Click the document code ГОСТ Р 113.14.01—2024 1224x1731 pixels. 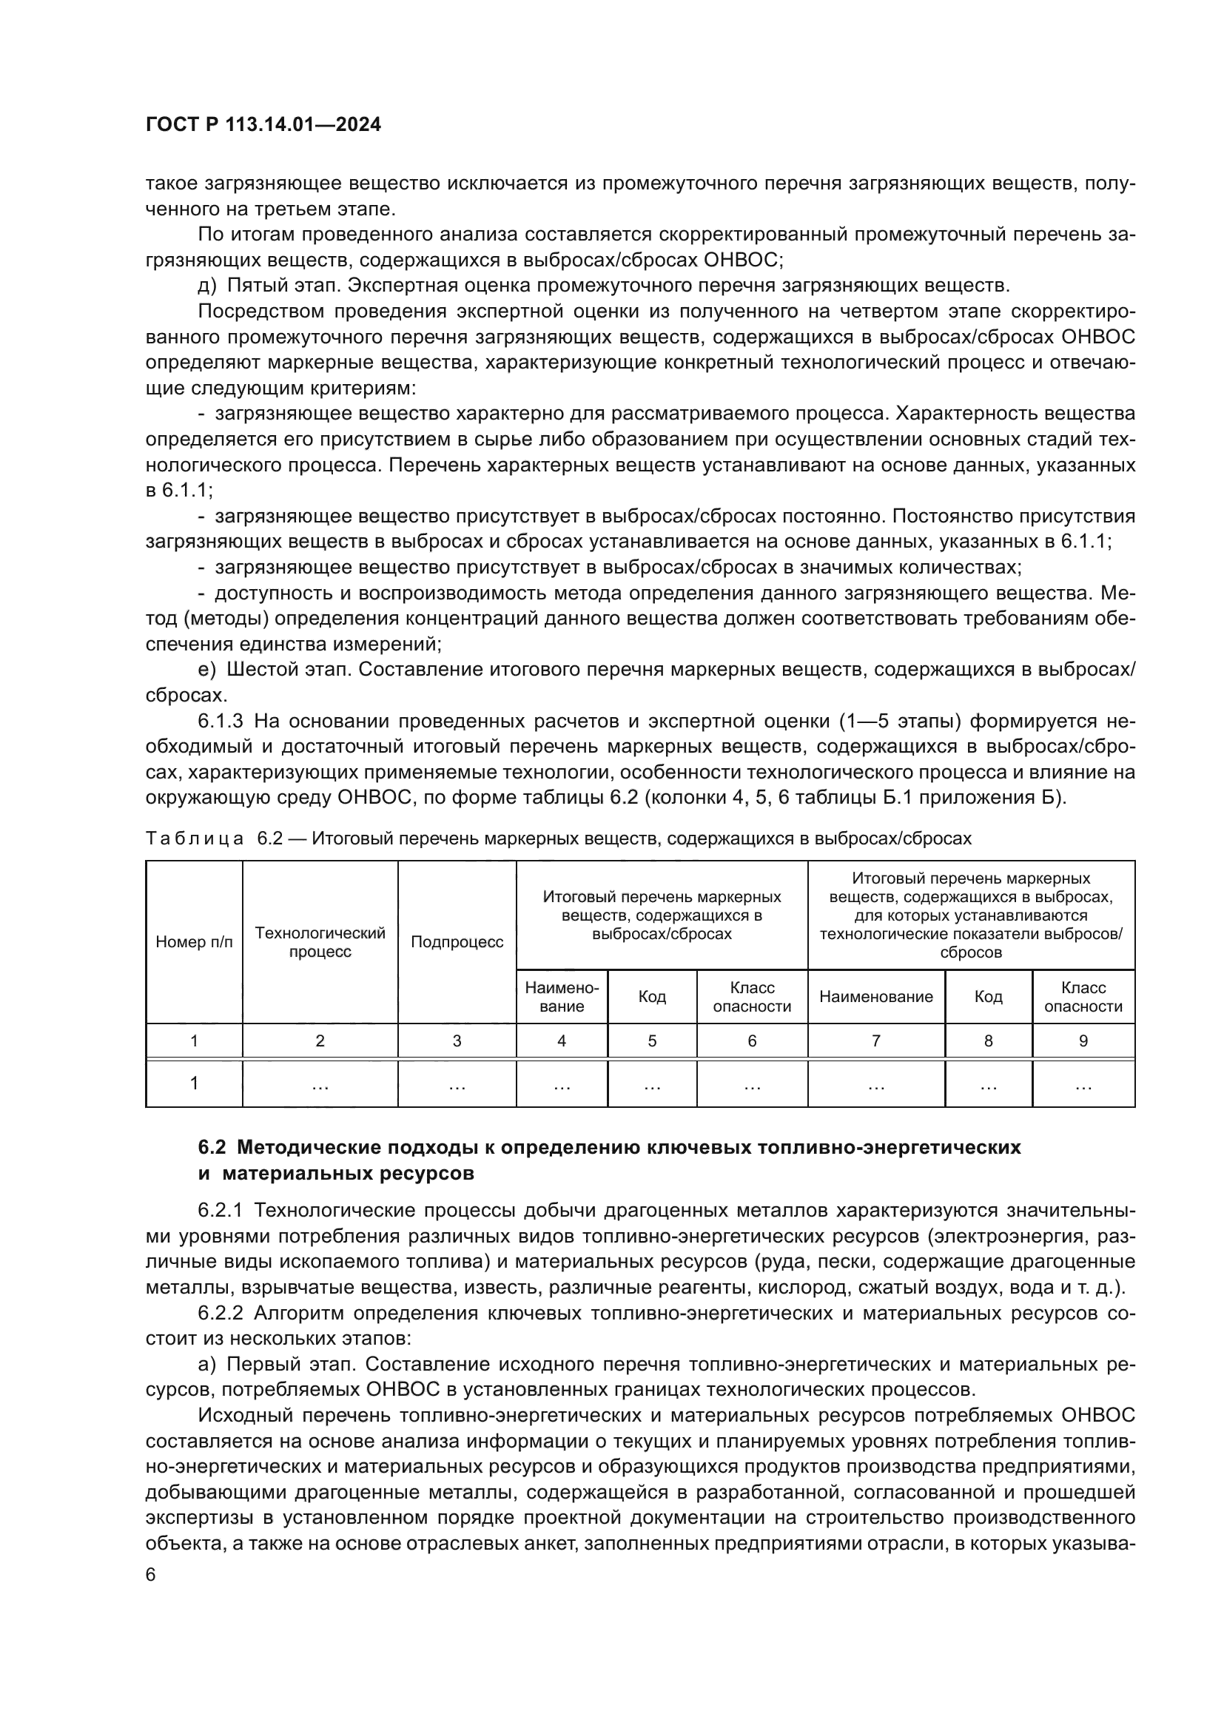(x=263, y=124)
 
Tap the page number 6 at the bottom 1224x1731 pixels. (x=151, y=1575)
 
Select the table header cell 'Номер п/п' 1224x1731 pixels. (x=194, y=941)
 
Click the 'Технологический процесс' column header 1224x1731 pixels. (x=320, y=941)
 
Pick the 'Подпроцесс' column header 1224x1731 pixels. (x=457, y=941)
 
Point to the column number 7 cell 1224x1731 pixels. (x=875, y=1041)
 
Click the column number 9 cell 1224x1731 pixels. (x=1083, y=1041)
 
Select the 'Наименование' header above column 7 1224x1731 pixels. (x=875, y=997)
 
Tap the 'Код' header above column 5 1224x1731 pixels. (x=652, y=997)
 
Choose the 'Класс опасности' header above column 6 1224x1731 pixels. (x=751, y=997)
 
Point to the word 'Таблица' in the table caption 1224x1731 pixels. (x=195, y=838)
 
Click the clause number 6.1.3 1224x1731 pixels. (x=220, y=722)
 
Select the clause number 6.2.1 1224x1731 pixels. (x=220, y=1210)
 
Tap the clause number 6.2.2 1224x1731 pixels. (x=220, y=1313)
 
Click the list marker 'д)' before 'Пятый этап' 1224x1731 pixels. (x=206, y=286)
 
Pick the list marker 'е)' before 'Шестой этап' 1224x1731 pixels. (x=206, y=670)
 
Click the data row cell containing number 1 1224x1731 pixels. (x=194, y=1083)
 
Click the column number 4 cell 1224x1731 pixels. (x=562, y=1041)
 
